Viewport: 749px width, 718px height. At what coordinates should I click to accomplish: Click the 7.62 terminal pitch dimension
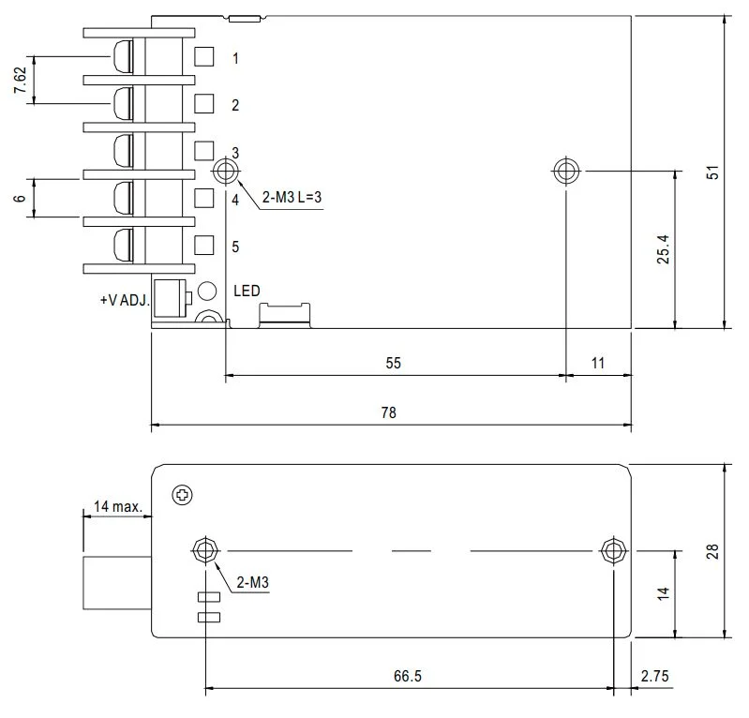(x=20, y=81)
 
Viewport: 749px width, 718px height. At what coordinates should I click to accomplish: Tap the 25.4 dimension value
(x=662, y=249)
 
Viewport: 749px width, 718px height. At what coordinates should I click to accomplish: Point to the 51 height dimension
(x=712, y=172)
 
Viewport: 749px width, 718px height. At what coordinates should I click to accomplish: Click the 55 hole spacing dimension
(x=393, y=363)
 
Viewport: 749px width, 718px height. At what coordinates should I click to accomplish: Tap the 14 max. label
(x=117, y=507)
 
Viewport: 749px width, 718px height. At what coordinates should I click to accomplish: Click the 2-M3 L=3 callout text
(x=292, y=198)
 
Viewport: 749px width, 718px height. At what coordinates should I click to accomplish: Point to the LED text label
(x=247, y=292)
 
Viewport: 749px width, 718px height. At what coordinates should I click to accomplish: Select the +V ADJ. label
(x=124, y=301)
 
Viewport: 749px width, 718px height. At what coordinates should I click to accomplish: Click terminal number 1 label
(x=235, y=58)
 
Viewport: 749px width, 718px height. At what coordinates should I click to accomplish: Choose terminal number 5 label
(x=235, y=247)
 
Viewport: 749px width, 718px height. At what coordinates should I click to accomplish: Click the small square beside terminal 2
(x=203, y=103)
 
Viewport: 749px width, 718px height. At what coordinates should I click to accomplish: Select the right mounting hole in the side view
(x=613, y=549)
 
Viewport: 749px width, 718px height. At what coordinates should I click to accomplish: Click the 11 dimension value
(x=598, y=363)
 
